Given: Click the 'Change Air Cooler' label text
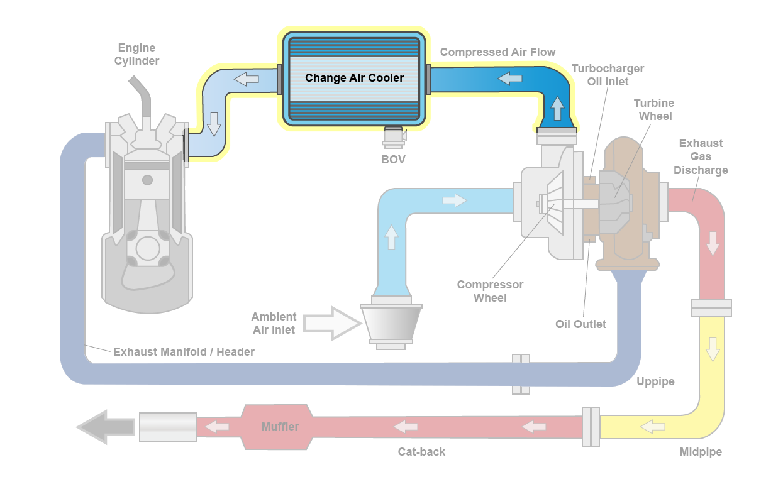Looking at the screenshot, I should coord(354,78).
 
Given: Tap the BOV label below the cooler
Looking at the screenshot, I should coord(393,160).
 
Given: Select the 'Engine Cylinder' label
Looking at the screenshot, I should coord(136,55).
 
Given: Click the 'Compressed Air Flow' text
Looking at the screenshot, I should coord(497,52).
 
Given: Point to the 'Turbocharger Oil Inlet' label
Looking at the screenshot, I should coord(608,75).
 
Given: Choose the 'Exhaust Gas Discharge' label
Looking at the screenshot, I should coord(701,156).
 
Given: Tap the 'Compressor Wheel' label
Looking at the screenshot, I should coord(490,291).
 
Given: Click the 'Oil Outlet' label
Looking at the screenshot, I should coord(580,324).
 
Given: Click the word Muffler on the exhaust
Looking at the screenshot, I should coord(280,427).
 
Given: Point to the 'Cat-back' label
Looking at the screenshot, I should coord(421,452).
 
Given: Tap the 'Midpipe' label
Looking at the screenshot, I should coord(701,452).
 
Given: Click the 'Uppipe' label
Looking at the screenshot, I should coord(655,381).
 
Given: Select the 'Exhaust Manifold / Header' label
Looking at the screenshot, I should coord(184,352).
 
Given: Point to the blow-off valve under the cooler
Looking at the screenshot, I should coord(394,134).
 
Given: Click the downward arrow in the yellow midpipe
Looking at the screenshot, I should coord(712,349).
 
